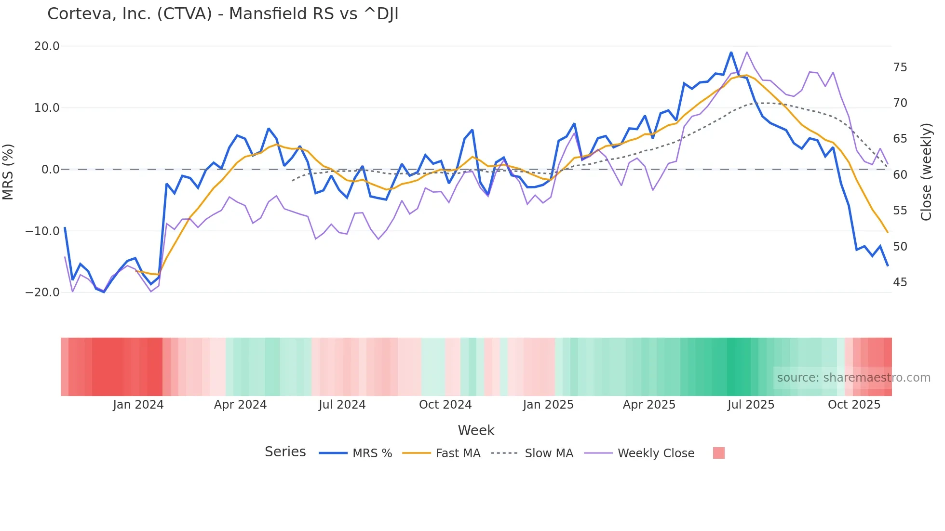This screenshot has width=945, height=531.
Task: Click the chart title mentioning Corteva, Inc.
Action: [x=223, y=14]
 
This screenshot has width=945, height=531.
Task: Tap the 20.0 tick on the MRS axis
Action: [x=47, y=46]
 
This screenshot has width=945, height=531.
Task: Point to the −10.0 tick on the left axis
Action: [x=42, y=231]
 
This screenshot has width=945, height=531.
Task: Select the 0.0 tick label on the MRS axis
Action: [x=50, y=170]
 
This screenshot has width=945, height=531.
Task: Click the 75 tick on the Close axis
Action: [x=900, y=67]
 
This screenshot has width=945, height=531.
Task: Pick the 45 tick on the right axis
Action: [x=900, y=282]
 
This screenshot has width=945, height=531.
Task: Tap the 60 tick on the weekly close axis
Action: [x=900, y=175]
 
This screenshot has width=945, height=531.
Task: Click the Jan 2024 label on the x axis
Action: [x=138, y=405]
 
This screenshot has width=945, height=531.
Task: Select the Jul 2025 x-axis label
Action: [x=751, y=405]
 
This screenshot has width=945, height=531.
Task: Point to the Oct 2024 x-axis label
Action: [x=445, y=405]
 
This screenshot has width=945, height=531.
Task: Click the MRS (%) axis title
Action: [x=8, y=172]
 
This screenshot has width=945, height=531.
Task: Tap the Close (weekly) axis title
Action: [x=926, y=172]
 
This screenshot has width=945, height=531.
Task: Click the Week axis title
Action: [x=476, y=430]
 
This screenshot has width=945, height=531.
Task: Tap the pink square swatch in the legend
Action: [x=718, y=453]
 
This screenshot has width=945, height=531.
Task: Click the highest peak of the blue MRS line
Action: [x=731, y=52]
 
